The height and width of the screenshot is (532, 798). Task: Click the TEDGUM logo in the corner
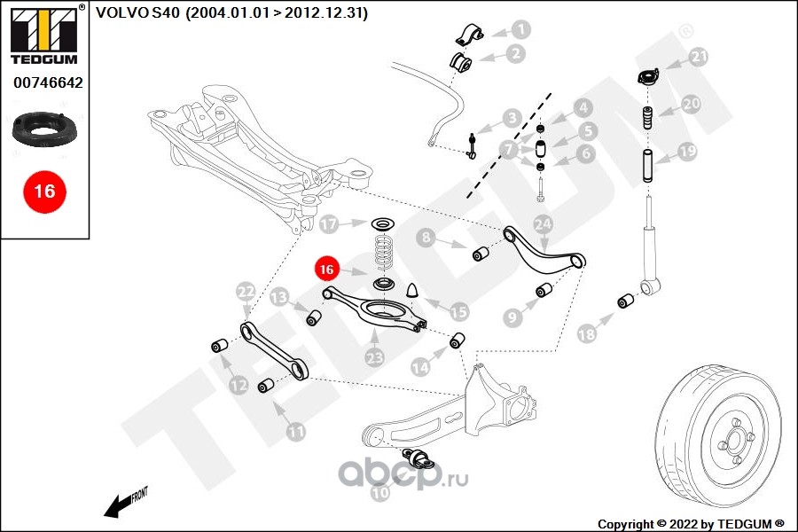click(x=44, y=34)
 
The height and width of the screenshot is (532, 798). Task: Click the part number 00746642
click(x=48, y=82)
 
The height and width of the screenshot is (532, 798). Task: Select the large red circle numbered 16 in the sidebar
click(x=44, y=192)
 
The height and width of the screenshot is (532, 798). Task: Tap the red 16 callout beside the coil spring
click(x=326, y=270)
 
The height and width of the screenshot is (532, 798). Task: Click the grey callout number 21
click(x=699, y=57)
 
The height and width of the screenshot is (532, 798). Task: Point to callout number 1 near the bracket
click(x=521, y=29)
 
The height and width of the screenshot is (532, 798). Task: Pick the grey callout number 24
click(x=543, y=223)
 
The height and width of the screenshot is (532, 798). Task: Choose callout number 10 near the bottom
click(x=379, y=492)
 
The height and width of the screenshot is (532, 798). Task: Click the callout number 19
click(x=687, y=152)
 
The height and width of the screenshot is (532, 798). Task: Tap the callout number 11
click(x=295, y=432)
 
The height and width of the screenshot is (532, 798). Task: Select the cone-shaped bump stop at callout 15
click(x=412, y=290)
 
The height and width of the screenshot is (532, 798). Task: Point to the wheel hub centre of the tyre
click(x=734, y=440)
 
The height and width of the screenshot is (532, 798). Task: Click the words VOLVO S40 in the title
click(x=138, y=12)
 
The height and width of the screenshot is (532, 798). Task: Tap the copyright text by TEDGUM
click(x=691, y=524)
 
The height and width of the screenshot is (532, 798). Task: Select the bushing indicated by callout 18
click(x=626, y=301)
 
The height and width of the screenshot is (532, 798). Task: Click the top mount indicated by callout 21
click(x=648, y=77)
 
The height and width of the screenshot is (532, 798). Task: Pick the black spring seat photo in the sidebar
click(x=43, y=129)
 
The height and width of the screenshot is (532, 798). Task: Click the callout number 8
click(x=426, y=238)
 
